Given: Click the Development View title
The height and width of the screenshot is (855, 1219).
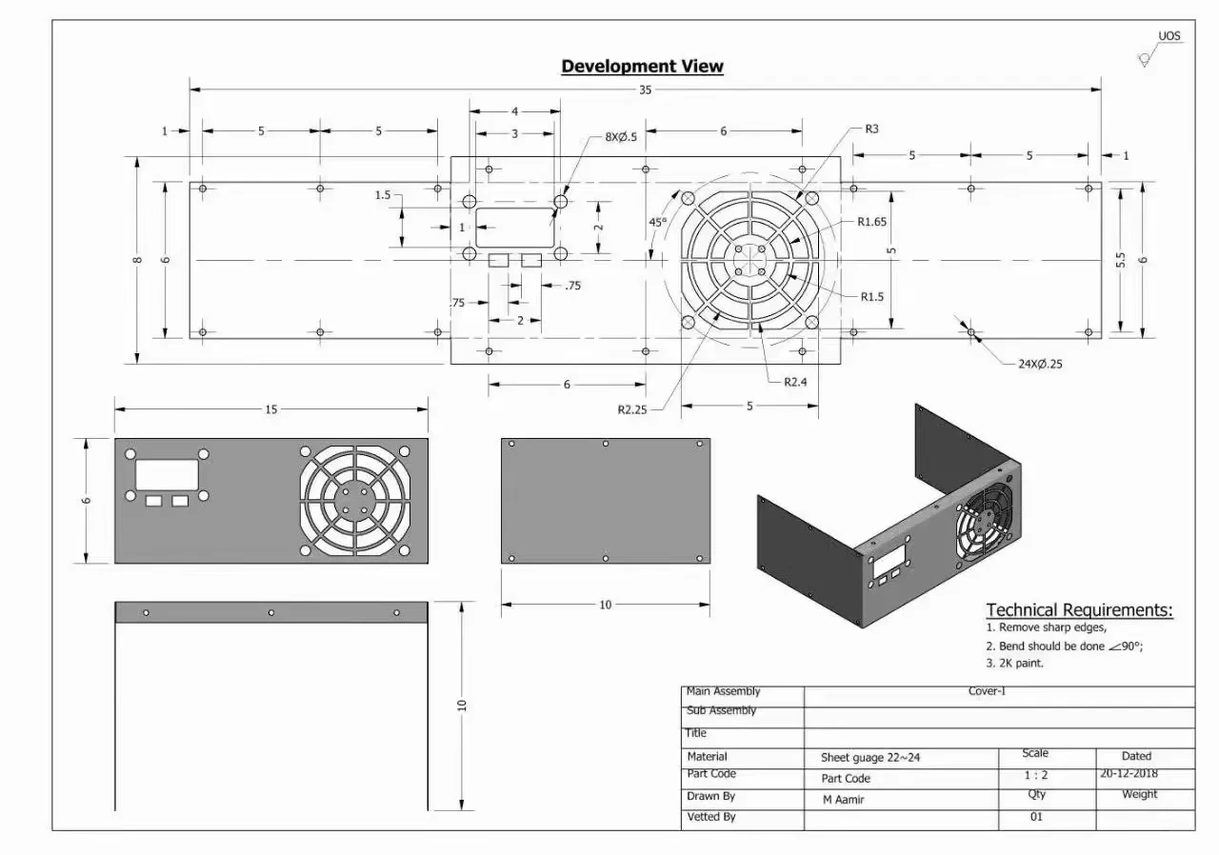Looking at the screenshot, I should coord(642,67).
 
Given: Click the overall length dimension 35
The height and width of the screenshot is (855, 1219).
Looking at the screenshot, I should coord(645,90).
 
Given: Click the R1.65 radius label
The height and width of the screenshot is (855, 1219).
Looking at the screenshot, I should coord(871,222).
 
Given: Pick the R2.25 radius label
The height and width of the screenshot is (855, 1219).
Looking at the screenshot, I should coord(632,410).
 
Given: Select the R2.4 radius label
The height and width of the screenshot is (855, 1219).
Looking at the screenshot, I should coord(796,382).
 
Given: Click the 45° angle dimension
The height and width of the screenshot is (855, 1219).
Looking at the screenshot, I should coord(657,222).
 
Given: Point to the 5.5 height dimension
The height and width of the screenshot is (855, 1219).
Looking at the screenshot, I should coord(1121,259).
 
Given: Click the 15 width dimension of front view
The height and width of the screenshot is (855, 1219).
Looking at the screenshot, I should coord(271,409).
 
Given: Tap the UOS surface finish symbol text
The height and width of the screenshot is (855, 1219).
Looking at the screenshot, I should coord(1169,36).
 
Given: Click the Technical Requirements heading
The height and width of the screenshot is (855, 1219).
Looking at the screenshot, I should coord(1079,610).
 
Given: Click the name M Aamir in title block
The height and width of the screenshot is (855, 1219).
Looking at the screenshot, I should coord(843,800).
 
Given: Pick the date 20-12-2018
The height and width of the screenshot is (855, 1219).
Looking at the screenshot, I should coord(1135,774).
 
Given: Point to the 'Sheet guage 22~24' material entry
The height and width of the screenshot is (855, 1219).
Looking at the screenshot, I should coord(870,759).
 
